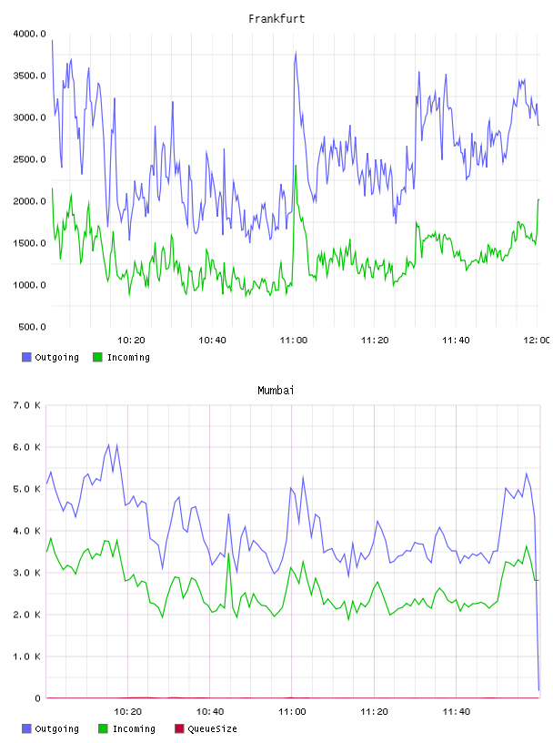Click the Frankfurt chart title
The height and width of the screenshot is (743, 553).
pos(276,19)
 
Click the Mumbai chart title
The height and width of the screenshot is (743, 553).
pos(276,391)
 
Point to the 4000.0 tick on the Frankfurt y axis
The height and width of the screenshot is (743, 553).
pos(29,34)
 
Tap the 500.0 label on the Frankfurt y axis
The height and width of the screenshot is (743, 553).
pos(32,327)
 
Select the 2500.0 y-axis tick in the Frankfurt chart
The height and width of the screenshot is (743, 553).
pos(29,159)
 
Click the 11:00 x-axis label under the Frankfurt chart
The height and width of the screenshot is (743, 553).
pos(294,340)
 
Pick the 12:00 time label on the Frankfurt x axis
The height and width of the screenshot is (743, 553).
pos(537,340)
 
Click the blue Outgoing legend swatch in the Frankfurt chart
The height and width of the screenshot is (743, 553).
pos(26,357)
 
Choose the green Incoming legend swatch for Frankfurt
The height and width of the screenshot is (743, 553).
pos(97,357)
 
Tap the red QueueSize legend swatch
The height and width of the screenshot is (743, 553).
pos(179,728)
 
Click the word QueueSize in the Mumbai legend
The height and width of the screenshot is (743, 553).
pos(212,728)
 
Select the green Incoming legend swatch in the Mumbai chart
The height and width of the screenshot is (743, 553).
pos(103,728)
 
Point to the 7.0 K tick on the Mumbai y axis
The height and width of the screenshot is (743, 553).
pos(27,405)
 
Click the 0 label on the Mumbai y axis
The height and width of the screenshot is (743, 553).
pos(37,698)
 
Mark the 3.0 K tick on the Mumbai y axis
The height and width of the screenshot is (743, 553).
pos(27,573)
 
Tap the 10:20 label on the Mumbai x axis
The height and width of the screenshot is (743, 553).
pos(128,711)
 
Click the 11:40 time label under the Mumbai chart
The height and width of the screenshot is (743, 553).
pos(457,711)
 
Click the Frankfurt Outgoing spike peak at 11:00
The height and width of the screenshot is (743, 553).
pos(296,52)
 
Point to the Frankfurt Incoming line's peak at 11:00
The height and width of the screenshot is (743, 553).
pos(296,166)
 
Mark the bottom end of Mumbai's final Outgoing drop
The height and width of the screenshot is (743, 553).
pos(538,690)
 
